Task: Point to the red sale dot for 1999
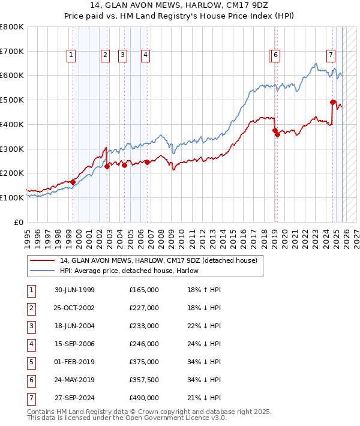coord(73,182)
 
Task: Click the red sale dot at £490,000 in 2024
coord(332,102)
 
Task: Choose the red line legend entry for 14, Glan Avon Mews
coord(158,260)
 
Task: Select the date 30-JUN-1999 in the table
coord(74,290)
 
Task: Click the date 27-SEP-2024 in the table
coord(74,398)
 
